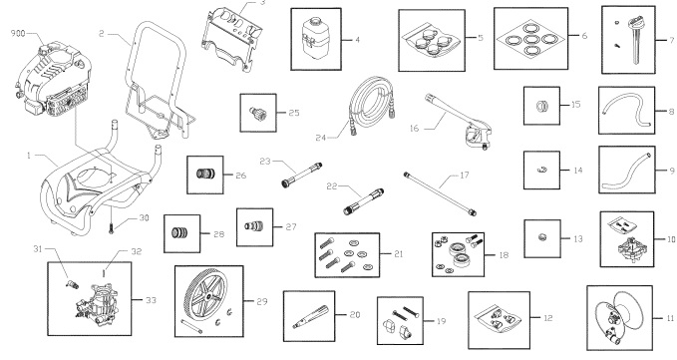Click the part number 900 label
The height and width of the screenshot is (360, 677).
[x=18, y=33]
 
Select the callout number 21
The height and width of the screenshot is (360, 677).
[x=398, y=254]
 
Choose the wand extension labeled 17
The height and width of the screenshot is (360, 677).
[x=440, y=193]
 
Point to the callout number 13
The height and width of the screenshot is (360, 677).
[x=577, y=239]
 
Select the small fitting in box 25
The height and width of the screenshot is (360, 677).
[x=256, y=113]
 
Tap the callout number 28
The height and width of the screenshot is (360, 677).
[x=219, y=234]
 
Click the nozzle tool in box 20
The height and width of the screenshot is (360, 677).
[x=309, y=317]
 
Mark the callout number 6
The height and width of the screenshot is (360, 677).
[x=584, y=36]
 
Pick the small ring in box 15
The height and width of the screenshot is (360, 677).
[x=541, y=106]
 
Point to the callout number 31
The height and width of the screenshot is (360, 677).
[x=38, y=248]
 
